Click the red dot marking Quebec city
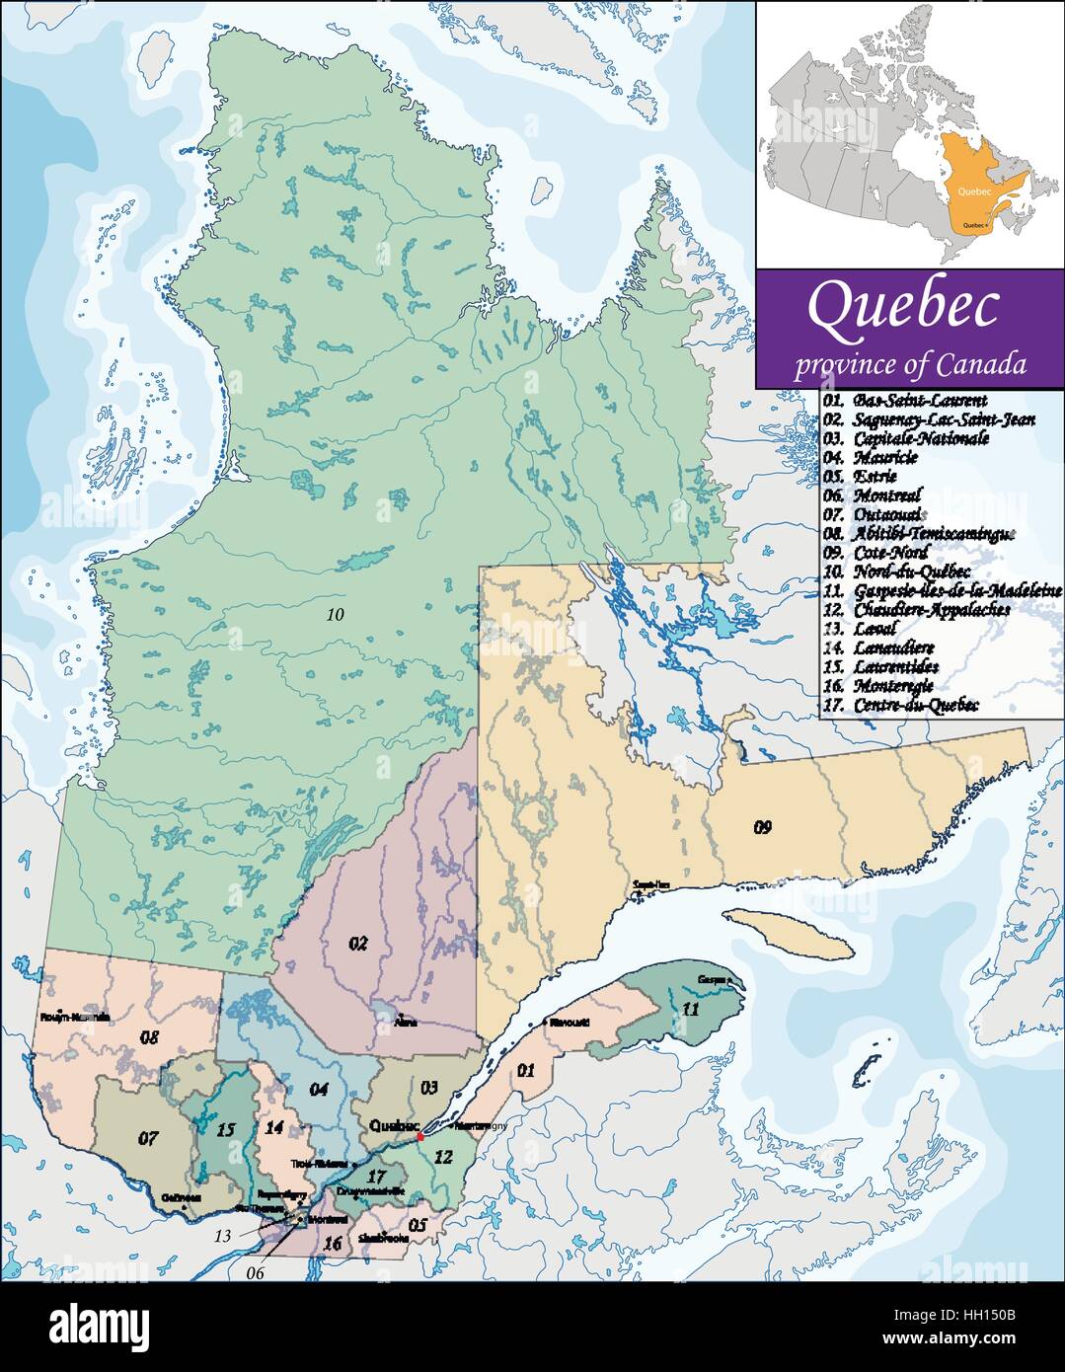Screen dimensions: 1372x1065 pyautogui.click(x=419, y=1137)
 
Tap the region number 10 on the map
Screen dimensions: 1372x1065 pyautogui.click(x=336, y=614)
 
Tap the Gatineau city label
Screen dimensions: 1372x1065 pyautogui.click(x=181, y=1198)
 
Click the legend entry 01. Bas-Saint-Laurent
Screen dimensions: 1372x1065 pyautogui.click(x=906, y=401)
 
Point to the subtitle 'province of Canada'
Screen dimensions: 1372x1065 pyautogui.click(x=910, y=364)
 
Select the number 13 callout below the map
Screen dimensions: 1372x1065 pyautogui.click(x=225, y=1236)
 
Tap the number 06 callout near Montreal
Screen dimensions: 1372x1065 pyautogui.click(x=256, y=1273)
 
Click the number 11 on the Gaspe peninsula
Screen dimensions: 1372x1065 pyautogui.click(x=690, y=1009)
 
